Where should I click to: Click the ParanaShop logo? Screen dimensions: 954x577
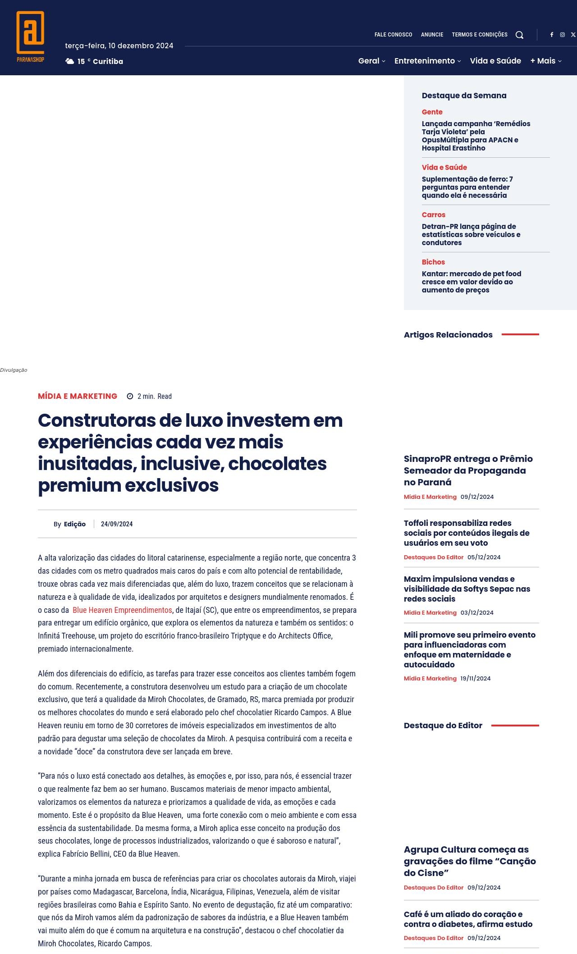click(30, 36)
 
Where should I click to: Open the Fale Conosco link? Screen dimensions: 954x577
click(393, 35)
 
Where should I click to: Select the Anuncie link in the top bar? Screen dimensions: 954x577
click(432, 35)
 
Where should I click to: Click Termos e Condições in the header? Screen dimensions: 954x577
click(480, 35)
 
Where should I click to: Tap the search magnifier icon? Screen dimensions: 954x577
click(519, 35)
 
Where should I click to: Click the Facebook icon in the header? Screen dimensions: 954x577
click(551, 35)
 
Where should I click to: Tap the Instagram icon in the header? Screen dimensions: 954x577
click(562, 35)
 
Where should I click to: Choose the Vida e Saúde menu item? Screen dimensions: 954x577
click(495, 61)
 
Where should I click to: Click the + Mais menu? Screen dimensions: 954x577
click(545, 61)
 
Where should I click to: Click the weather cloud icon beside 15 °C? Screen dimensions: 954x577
click(70, 61)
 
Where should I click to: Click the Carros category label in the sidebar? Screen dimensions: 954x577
click(434, 215)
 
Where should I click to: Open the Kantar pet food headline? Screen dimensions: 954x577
click(471, 282)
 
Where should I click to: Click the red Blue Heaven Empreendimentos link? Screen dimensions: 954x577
click(122, 610)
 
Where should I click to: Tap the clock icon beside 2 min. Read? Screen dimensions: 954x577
click(130, 397)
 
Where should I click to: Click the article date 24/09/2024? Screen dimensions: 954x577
click(117, 524)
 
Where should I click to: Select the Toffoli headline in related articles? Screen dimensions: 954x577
click(467, 533)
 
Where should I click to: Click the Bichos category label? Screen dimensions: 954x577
click(433, 262)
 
